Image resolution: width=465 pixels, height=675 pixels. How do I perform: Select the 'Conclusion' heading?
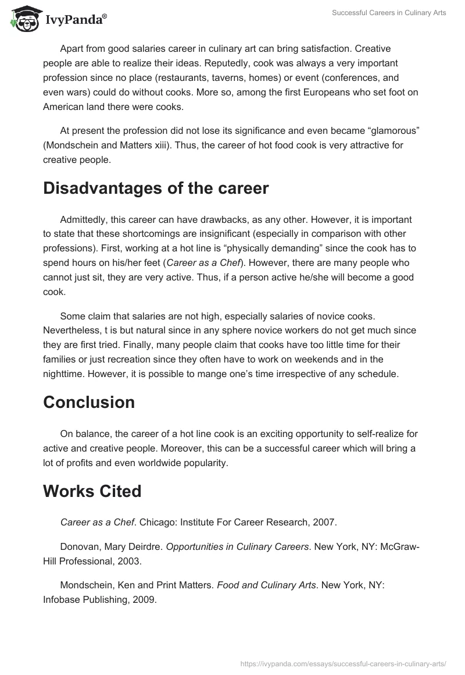point(89,402)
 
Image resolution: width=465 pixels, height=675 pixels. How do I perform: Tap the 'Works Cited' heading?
point(92,491)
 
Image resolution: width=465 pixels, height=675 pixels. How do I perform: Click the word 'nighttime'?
point(65,374)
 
